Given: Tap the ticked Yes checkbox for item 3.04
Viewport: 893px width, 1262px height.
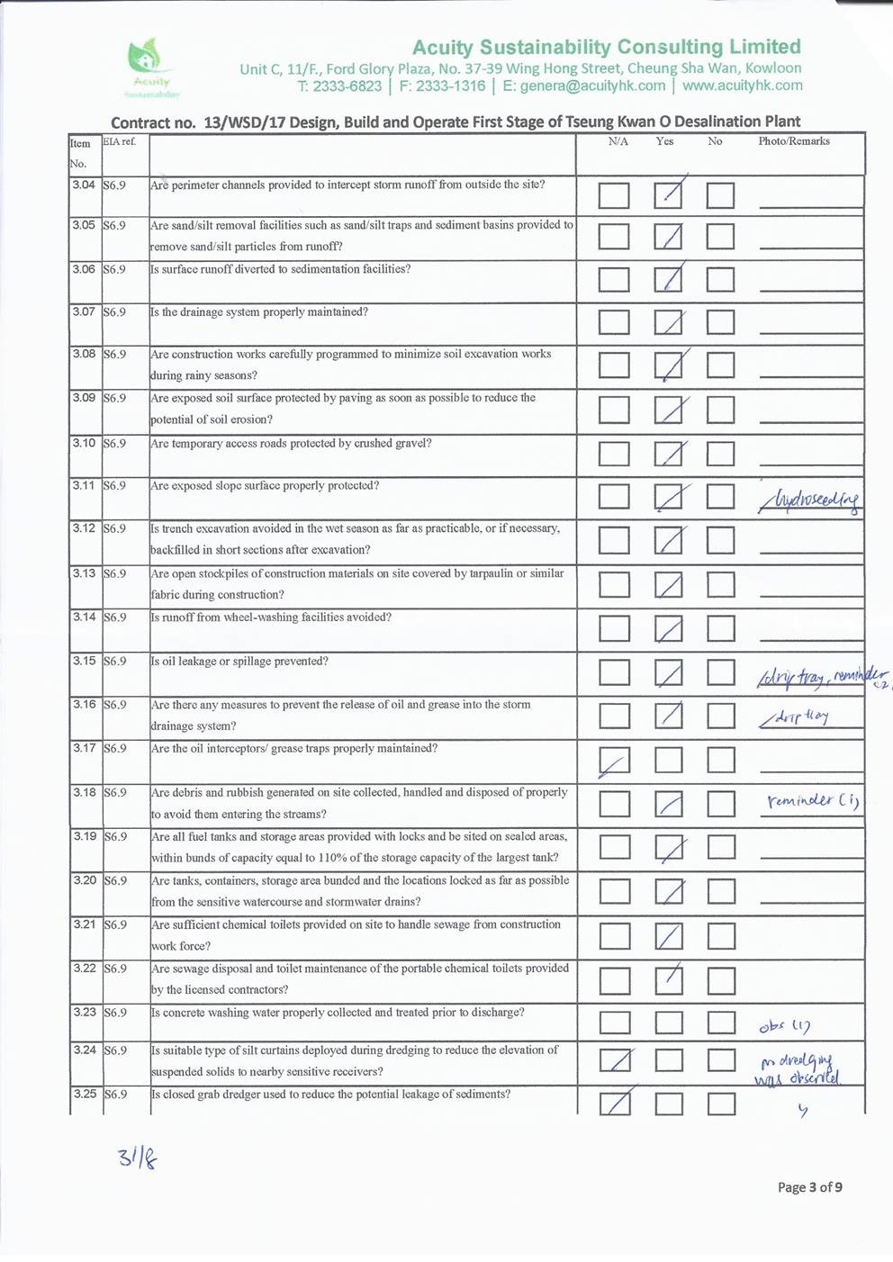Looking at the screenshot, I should (x=668, y=194).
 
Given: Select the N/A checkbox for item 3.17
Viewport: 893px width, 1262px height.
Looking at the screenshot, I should (x=615, y=761).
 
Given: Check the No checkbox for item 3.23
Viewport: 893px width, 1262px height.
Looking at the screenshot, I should (x=721, y=1023).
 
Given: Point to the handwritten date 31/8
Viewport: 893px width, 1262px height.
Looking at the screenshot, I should (x=137, y=1158).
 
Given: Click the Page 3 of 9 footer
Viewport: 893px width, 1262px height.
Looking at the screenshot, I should (x=810, y=1187).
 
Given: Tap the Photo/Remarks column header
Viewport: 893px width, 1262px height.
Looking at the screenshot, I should (x=794, y=141).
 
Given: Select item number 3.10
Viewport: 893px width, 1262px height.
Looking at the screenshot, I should (x=84, y=443).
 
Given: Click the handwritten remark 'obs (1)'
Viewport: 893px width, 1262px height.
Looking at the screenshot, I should (x=785, y=1026).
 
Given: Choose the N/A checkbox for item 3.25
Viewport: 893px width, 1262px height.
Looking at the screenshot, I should (x=616, y=1103).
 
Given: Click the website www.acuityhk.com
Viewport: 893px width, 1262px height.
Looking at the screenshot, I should (x=742, y=86).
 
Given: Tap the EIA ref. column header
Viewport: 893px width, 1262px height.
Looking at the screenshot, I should (x=119, y=142).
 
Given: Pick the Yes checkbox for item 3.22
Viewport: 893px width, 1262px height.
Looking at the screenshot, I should (x=669, y=979).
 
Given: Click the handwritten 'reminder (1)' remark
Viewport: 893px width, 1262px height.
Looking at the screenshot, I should (x=813, y=800).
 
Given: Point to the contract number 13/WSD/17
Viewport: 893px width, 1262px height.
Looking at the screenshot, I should (x=242, y=122).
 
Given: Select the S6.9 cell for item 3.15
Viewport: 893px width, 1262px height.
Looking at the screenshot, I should (x=114, y=662).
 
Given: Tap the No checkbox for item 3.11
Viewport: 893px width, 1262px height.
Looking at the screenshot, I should (x=721, y=496).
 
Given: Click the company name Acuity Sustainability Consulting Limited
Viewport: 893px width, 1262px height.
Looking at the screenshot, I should (x=607, y=47).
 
